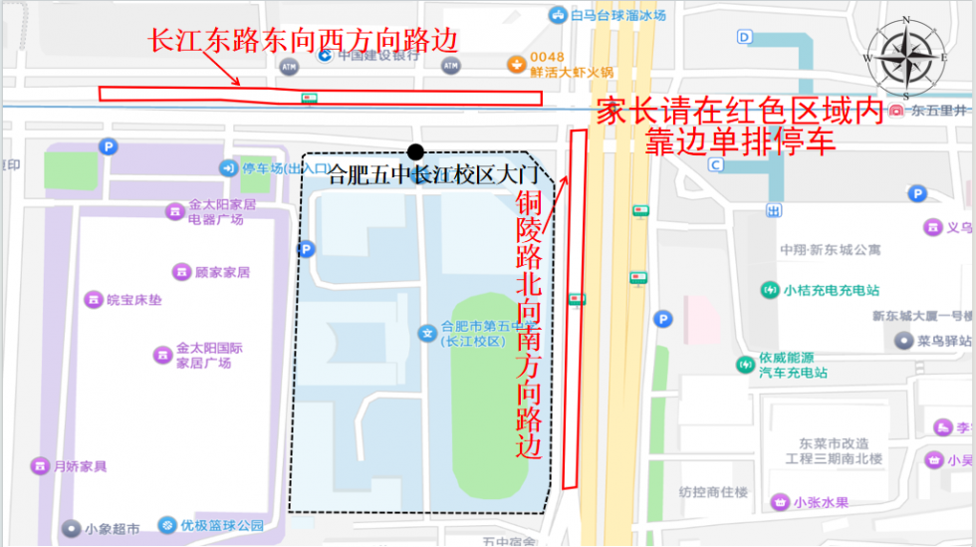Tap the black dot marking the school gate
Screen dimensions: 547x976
416,152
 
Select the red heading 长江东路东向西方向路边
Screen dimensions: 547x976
303,41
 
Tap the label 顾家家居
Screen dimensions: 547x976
222,272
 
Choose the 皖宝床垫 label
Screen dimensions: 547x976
133,299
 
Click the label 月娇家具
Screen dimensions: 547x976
80,465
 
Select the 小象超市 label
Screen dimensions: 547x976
112,528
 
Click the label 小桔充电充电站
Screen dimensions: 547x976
831,291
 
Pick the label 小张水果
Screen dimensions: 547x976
822,502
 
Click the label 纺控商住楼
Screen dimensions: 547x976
713,491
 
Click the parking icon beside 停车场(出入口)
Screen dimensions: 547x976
229,167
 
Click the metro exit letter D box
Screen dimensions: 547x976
745,37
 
